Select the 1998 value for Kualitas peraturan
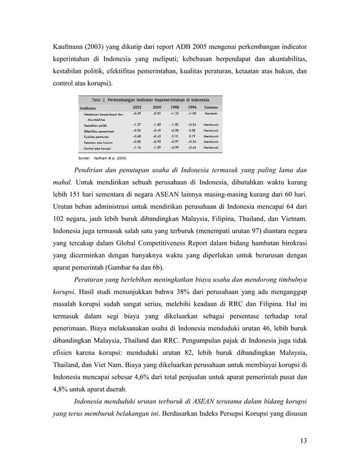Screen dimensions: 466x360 tap(174, 135)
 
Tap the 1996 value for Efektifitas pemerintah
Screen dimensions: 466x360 tap(192, 130)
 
